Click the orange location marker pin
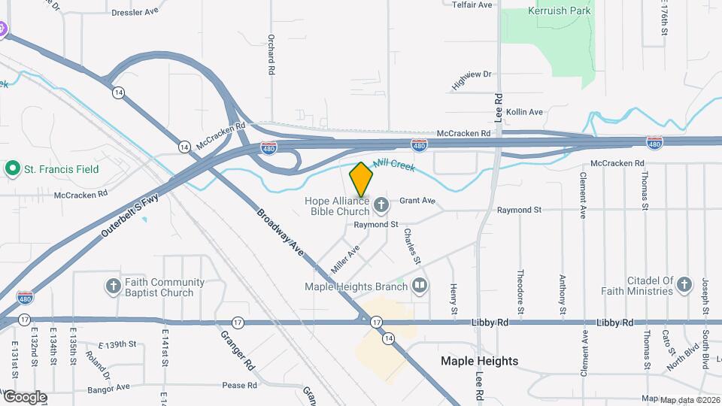click(362, 180)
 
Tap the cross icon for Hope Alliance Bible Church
click(382, 205)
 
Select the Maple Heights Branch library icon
click(420, 285)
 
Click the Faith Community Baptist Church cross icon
click(113, 286)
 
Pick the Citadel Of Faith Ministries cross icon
click(684, 284)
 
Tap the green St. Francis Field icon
click(12, 168)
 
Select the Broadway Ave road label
click(279, 232)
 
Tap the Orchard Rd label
click(272, 53)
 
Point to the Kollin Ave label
click(524, 112)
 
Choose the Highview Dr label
click(472, 79)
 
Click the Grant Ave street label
click(417, 201)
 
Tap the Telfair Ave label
click(472, 5)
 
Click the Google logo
click(24, 397)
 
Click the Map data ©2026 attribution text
click(689, 399)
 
